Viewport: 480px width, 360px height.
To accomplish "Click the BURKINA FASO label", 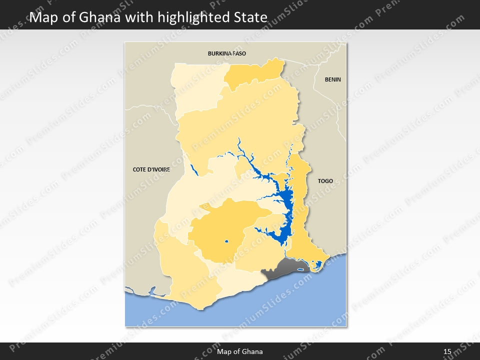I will [x=227, y=53].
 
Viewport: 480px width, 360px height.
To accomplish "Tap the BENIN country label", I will [x=332, y=79].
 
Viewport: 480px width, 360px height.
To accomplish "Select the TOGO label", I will [x=325, y=181].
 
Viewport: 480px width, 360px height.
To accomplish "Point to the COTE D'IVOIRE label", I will [x=151, y=169].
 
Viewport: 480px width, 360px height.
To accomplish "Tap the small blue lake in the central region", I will [x=226, y=242].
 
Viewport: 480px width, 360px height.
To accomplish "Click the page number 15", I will [x=447, y=351].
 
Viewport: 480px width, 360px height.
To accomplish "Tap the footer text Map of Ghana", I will [x=239, y=351].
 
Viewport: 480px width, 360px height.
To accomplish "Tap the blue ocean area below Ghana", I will [x=280, y=305].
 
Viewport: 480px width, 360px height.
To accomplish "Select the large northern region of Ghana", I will [x=240, y=125].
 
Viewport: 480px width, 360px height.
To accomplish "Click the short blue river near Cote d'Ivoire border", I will [x=194, y=170].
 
